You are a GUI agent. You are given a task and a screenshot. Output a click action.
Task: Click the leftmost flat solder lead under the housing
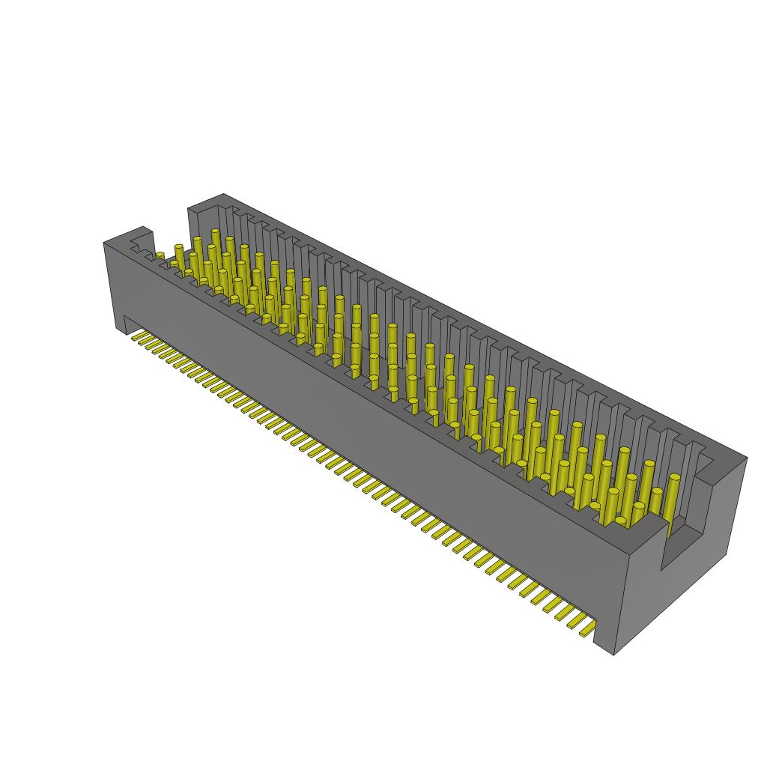point(137,339)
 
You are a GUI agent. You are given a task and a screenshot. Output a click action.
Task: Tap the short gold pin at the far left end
point(160,256)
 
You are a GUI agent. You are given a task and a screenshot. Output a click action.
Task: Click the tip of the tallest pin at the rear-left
point(216,232)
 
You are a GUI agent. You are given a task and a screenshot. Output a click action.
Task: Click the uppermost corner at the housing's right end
point(747,456)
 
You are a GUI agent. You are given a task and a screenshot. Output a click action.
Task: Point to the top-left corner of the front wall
point(104,243)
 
